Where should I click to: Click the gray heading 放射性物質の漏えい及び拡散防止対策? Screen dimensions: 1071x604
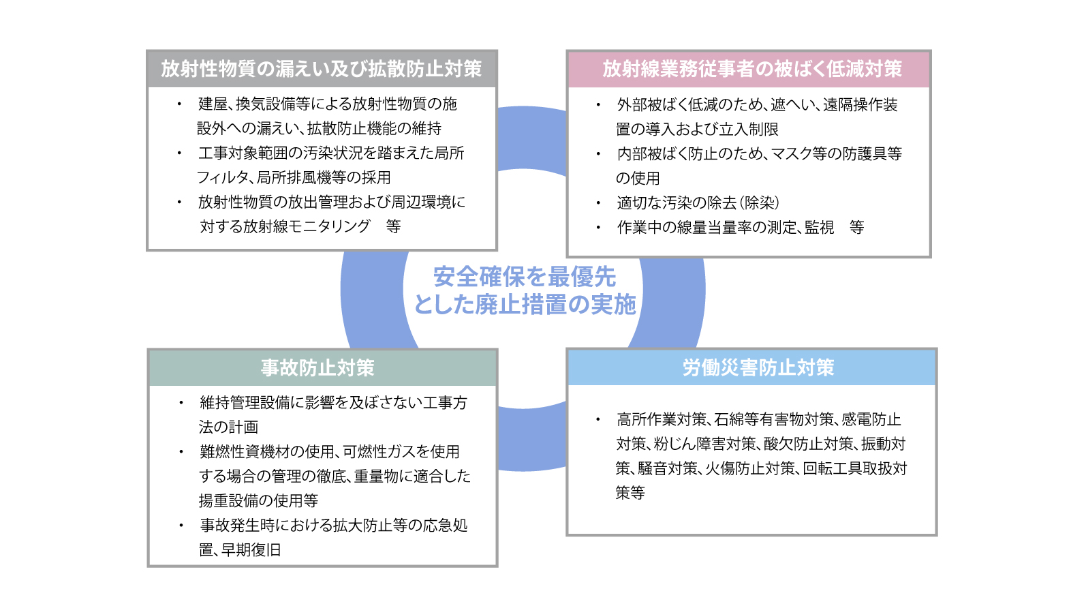coord(322,69)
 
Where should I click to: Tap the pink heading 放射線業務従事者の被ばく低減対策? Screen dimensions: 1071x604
coord(752,69)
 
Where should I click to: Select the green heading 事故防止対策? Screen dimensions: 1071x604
coord(317,367)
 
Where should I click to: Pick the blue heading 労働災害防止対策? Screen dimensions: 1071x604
coord(758,367)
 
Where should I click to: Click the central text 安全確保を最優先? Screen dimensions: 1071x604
coord(525,277)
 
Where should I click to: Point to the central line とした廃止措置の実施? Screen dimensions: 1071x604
coord(525,305)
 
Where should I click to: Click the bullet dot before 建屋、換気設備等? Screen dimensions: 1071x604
coord(179,104)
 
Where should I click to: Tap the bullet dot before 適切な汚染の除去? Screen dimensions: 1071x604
coord(598,203)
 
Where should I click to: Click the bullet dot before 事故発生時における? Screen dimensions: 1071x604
coord(181,526)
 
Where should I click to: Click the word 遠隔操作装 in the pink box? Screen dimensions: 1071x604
coord(860,105)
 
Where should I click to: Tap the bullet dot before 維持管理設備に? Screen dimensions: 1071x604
coord(181,403)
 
